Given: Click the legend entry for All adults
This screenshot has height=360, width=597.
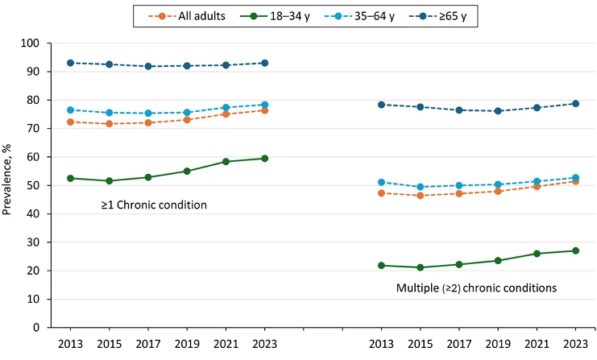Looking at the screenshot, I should pos(189,15).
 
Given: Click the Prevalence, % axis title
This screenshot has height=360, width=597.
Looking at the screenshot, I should pos(10,185).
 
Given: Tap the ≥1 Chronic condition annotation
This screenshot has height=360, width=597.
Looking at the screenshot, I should pos(154,205).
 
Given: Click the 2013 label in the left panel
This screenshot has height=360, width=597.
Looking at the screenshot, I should pos(71,344).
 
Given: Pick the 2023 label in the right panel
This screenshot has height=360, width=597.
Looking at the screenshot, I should pos(575,344).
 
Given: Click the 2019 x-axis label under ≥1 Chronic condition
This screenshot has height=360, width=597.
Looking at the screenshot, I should pos(187,344).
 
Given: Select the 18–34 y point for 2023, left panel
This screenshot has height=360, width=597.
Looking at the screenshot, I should pos(264,159).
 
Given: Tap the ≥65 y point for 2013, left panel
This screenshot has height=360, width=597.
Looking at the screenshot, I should pos(71,63).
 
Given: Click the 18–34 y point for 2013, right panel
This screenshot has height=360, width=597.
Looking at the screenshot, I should pos(382,266).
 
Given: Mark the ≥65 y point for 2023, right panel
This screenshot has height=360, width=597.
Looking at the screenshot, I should pos(575,103).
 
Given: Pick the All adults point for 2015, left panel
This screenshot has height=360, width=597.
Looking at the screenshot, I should pos(110,124).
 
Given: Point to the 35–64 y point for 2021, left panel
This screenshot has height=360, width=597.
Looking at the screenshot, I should pos(226,107).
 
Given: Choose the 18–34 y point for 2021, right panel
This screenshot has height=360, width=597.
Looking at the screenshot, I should pos(537,254).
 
